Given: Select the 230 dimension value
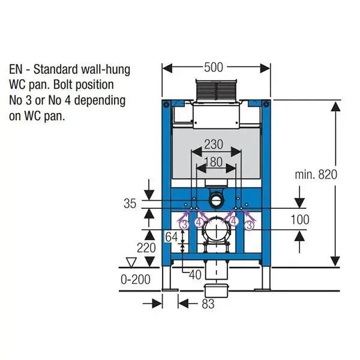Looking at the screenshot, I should [214, 145].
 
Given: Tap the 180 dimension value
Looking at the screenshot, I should [214, 161].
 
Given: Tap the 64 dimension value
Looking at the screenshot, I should [172, 237].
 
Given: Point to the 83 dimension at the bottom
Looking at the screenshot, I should [208, 304].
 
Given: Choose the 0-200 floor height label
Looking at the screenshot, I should [136, 280].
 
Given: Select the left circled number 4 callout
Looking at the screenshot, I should [199, 221].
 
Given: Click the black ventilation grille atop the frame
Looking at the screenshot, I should [215, 90].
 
